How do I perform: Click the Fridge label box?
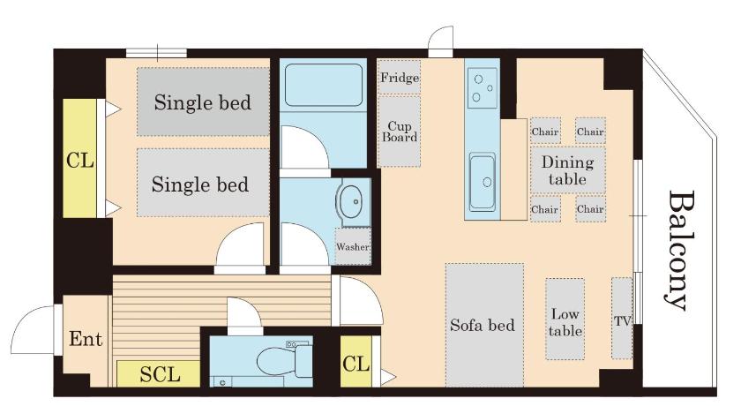point(400,77)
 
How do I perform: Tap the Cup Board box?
point(400,132)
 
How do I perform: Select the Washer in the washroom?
point(353,246)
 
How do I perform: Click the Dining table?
point(567,170)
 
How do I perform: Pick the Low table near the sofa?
point(565,319)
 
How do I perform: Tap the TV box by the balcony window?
point(622,318)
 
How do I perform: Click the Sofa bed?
point(484,325)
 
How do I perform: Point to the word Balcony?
point(680,251)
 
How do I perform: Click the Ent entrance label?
point(86,339)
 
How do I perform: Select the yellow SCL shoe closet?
point(158,374)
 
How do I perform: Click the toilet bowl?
point(276,362)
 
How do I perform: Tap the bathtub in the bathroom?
point(324,85)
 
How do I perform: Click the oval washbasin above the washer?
point(352,202)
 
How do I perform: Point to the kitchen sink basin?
point(482,182)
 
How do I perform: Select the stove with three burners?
point(483,88)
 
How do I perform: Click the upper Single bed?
point(203,101)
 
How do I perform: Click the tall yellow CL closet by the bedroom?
point(79,158)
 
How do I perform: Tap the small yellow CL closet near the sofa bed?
point(356,362)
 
